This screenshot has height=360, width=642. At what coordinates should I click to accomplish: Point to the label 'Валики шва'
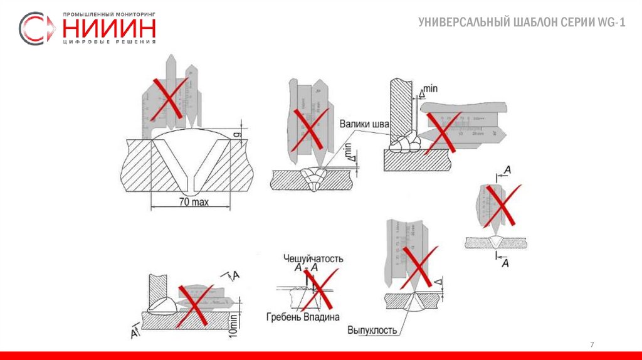point(364,124)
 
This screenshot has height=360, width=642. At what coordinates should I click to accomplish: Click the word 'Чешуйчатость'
point(313,258)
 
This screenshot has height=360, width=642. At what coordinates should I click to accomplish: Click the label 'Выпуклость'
point(374,330)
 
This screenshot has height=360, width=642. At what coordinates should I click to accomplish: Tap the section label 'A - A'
point(306,268)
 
